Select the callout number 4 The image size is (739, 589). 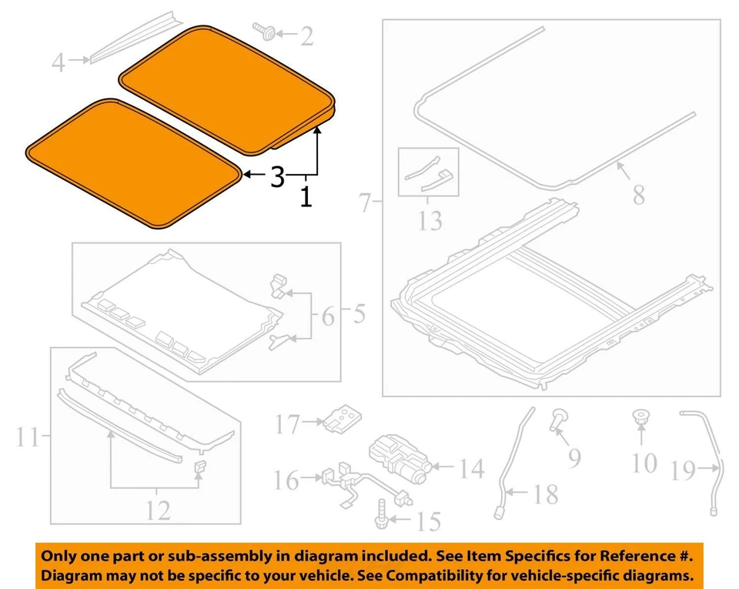[x=59, y=62]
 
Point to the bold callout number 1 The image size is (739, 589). [x=306, y=198]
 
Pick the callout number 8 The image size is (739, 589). [x=638, y=194]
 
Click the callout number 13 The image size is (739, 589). [x=430, y=221]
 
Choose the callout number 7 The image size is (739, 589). [x=366, y=205]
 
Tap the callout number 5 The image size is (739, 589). [x=357, y=314]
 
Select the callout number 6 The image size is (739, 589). [x=328, y=316]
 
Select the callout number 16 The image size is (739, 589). [x=286, y=480]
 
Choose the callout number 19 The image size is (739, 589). [x=684, y=470]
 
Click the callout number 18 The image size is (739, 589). [x=545, y=494]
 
